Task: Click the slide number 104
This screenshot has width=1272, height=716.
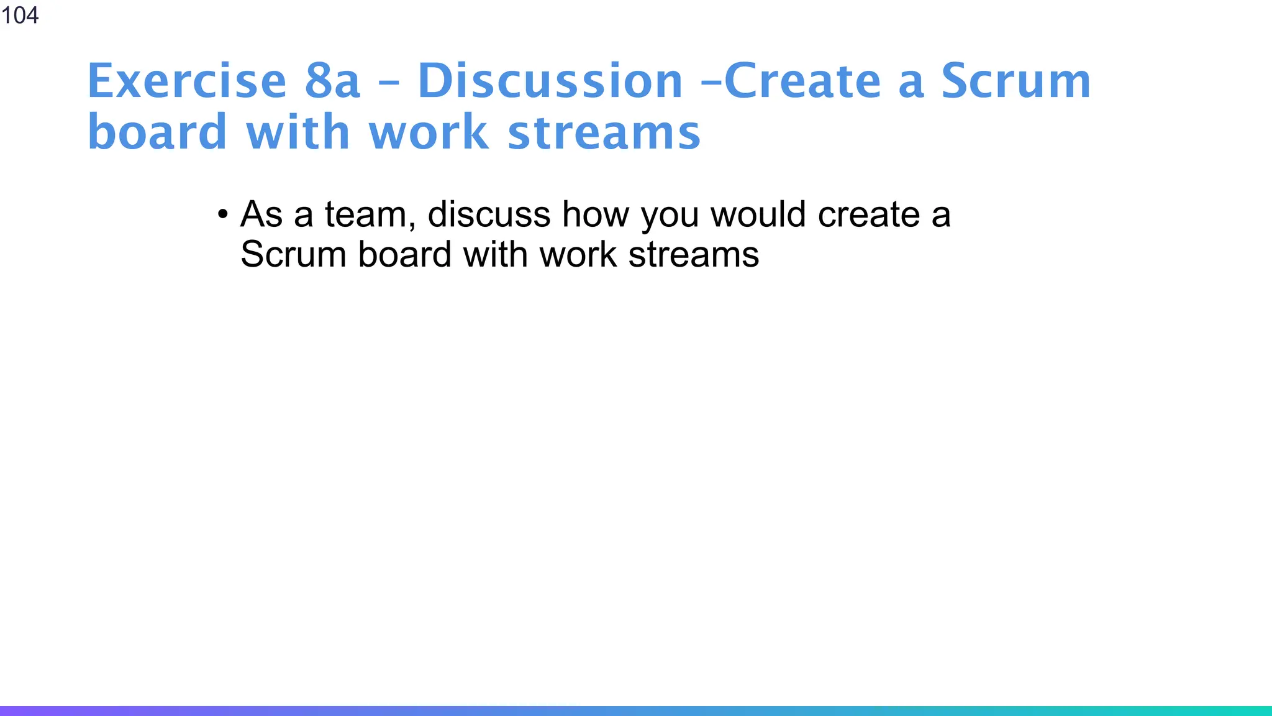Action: coord(20,15)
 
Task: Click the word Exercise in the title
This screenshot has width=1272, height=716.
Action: coord(186,81)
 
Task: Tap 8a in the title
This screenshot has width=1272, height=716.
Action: coord(332,81)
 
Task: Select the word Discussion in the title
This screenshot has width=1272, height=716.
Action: coord(550,81)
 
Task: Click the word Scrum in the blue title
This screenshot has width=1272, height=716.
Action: coord(1015,81)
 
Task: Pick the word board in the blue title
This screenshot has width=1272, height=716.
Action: coord(157,132)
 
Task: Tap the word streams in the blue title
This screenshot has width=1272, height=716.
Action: coord(604,132)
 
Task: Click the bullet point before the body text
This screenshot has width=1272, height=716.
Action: coord(223,215)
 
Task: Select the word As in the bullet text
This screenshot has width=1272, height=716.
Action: coord(261,214)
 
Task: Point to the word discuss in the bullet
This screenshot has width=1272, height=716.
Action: coord(489,214)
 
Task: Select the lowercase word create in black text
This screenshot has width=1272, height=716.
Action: coord(869,214)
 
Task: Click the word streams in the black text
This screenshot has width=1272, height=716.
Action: coord(694,255)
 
